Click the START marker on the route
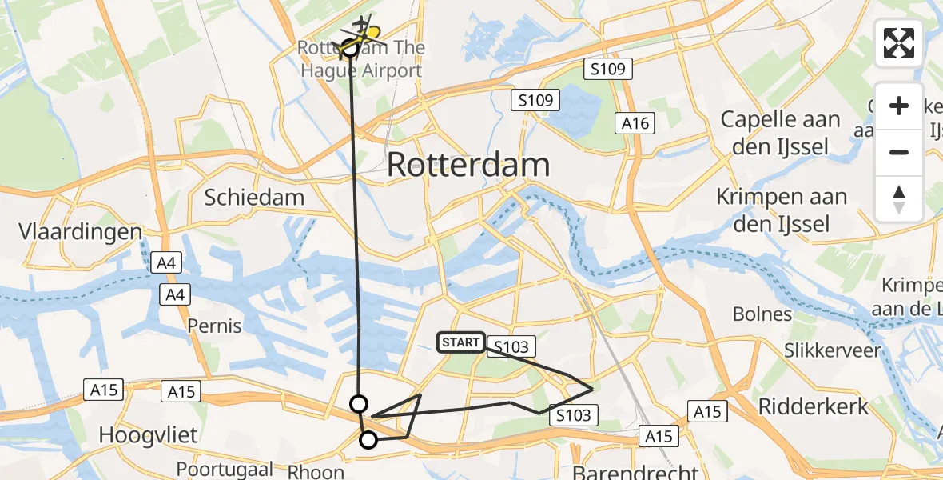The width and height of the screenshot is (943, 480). [x=460, y=343]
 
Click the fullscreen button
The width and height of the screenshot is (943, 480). [x=899, y=43]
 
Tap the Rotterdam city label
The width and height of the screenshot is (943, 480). [x=468, y=166]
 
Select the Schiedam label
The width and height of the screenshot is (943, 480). [x=254, y=198]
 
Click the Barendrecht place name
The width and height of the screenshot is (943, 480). [x=635, y=472]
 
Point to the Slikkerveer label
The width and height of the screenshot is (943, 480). [x=832, y=350]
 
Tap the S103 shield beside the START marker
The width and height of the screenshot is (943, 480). [x=511, y=346]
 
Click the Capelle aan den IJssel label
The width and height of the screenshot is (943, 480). [x=780, y=133]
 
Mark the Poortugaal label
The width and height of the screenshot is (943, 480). [x=225, y=469]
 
